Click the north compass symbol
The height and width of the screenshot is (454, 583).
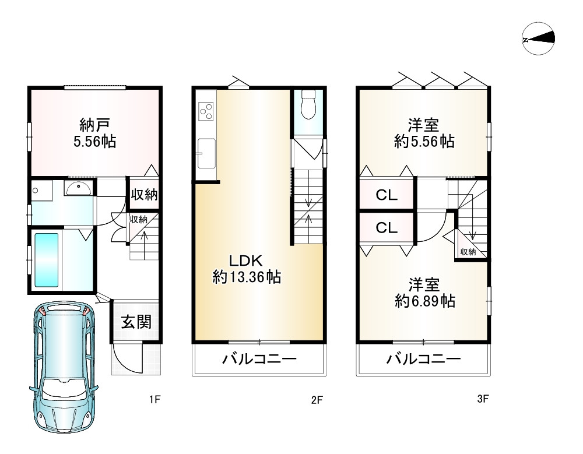pos(538,38)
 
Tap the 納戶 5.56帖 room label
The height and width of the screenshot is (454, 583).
pos(94,133)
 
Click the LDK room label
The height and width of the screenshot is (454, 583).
pos(246,269)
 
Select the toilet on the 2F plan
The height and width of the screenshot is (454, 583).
pos(308,104)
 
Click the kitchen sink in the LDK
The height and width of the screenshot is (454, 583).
pos(206,153)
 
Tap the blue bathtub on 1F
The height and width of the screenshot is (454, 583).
pos(47,260)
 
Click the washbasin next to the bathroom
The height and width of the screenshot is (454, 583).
pos(79,188)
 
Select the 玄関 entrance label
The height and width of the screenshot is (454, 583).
pos(136,322)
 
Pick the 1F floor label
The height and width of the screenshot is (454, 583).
pos(154,400)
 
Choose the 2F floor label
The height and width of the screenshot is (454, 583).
pos(317,400)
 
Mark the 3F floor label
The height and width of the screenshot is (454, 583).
pos(483,399)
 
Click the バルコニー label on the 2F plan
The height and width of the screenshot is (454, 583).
pos(259,359)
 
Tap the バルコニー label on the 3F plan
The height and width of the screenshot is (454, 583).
pos(424,359)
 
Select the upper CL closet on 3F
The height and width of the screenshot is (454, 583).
pos(387,195)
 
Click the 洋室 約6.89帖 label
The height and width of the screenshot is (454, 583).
pos(424,293)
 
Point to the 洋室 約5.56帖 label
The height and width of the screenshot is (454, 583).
pos(424,133)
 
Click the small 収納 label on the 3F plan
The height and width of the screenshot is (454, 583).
pos(468,252)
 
